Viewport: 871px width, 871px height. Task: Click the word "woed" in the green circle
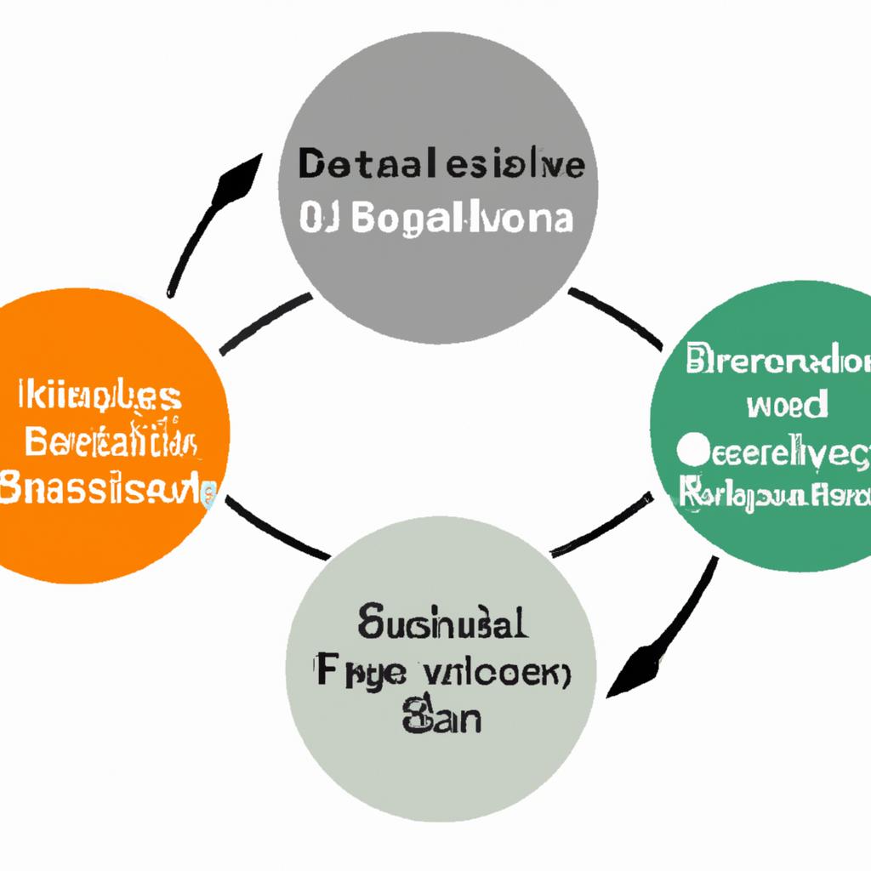tap(787, 405)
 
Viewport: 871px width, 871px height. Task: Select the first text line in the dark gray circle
tap(441, 166)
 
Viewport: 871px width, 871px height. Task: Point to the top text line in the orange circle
tap(98, 396)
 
